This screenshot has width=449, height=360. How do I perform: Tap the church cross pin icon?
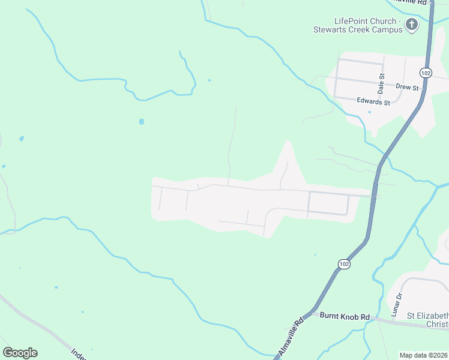[412, 25]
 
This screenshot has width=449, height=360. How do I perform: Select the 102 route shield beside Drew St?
[426, 73]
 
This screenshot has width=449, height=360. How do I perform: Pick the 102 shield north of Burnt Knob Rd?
[343, 264]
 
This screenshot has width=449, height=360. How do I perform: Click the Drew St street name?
[407, 87]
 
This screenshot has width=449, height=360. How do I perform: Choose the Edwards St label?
[373, 102]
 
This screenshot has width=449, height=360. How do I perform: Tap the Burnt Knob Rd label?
[344, 316]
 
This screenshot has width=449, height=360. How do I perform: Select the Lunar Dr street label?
[396, 305]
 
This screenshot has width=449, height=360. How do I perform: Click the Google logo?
[20, 353]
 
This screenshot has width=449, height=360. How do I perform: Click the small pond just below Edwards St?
[369, 112]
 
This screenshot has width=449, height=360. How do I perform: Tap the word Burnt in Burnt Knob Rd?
[330, 316]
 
